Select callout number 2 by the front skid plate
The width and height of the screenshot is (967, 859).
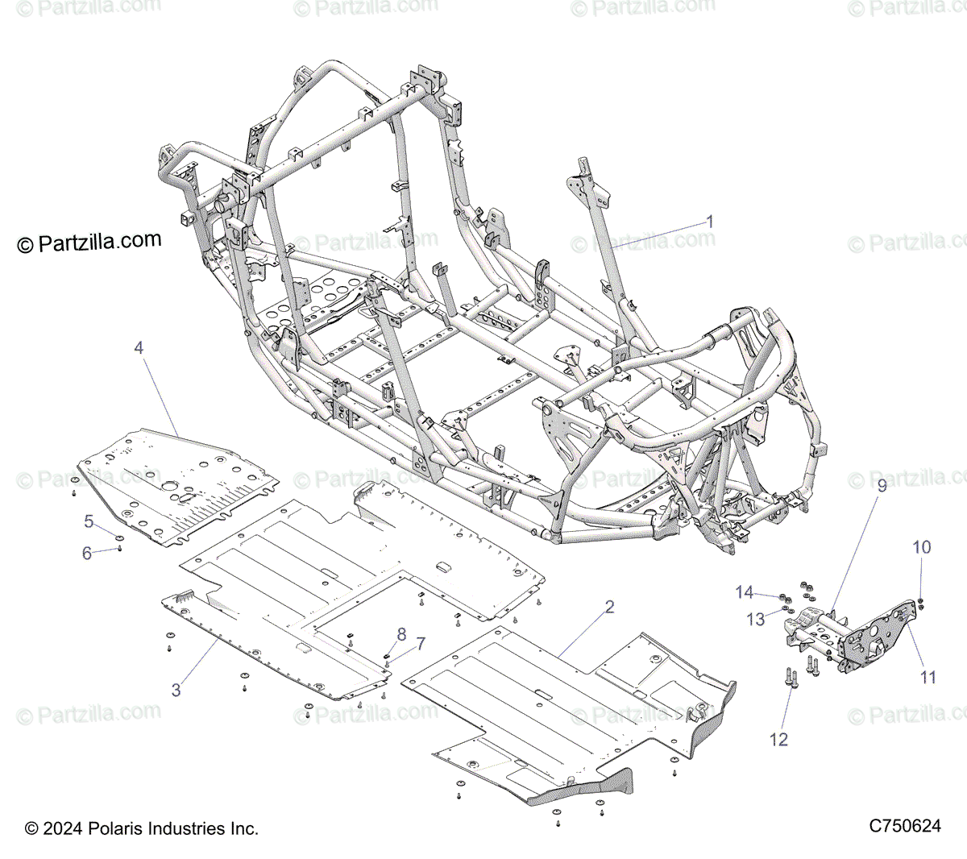click(x=609, y=607)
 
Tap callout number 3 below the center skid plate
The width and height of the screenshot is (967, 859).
click(x=176, y=689)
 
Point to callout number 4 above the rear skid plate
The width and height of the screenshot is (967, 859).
click(x=139, y=348)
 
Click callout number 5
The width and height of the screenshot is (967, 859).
click(x=89, y=521)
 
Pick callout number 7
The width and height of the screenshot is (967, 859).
click(x=419, y=643)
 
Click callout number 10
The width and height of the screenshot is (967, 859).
click(x=921, y=547)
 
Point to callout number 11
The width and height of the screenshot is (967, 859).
click(x=928, y=677)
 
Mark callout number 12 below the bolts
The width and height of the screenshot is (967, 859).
click(x=778, y=738)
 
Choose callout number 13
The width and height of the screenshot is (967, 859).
click(x=755, y=619)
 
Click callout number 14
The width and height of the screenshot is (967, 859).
click(x=745, y=593)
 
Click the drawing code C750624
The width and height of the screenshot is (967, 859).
click(x=905, y=827)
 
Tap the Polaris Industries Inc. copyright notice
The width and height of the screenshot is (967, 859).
click(x=142, y=828)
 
